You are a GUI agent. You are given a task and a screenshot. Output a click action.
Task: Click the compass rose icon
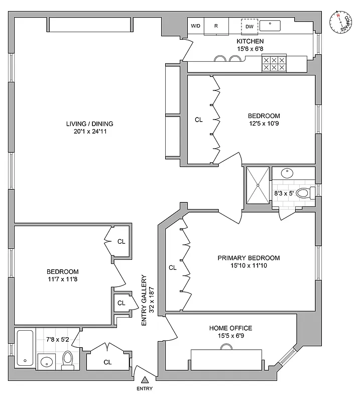(342, 23)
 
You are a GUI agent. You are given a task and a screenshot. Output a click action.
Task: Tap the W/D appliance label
(195, 26)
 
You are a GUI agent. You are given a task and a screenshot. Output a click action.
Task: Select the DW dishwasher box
(250, 26)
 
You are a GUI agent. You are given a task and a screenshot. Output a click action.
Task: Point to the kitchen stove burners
(274, 64)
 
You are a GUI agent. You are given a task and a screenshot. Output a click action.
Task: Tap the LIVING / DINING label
(90, 124)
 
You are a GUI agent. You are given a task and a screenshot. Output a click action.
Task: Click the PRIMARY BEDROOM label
(249, 258)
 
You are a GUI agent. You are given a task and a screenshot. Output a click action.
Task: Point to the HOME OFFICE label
(230, 328)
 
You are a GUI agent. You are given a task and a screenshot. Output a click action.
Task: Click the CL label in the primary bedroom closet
(173, 268)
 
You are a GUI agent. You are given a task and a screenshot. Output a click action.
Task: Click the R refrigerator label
(216, 26)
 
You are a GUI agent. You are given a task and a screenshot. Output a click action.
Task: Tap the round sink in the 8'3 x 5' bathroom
(287, 173)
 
